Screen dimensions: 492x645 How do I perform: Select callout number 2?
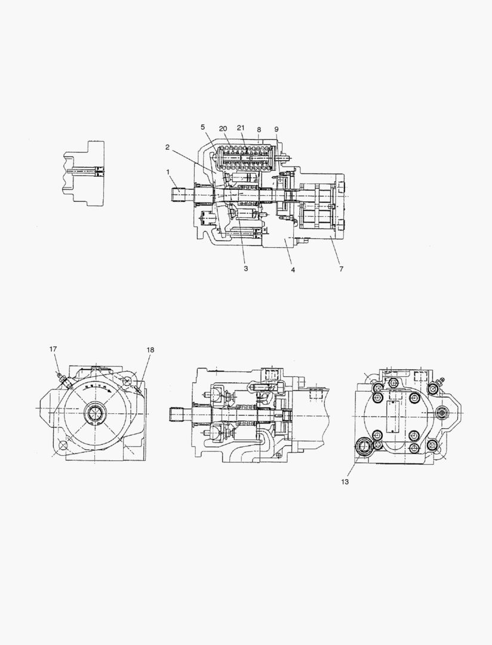tap(167, 148)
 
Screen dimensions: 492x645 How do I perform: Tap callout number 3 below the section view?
tap(245, 269)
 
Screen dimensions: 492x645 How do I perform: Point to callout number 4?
tap(293, 270)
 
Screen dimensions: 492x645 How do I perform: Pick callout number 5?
tap(203, 127)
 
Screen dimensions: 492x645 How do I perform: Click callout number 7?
tap(341, 269)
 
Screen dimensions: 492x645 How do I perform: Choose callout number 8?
tap(259, 129)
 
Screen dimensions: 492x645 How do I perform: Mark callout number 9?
tap(276, 129)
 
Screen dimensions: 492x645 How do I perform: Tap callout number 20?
tap(223, 129)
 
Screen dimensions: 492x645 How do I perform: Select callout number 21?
tap(241, 128)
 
